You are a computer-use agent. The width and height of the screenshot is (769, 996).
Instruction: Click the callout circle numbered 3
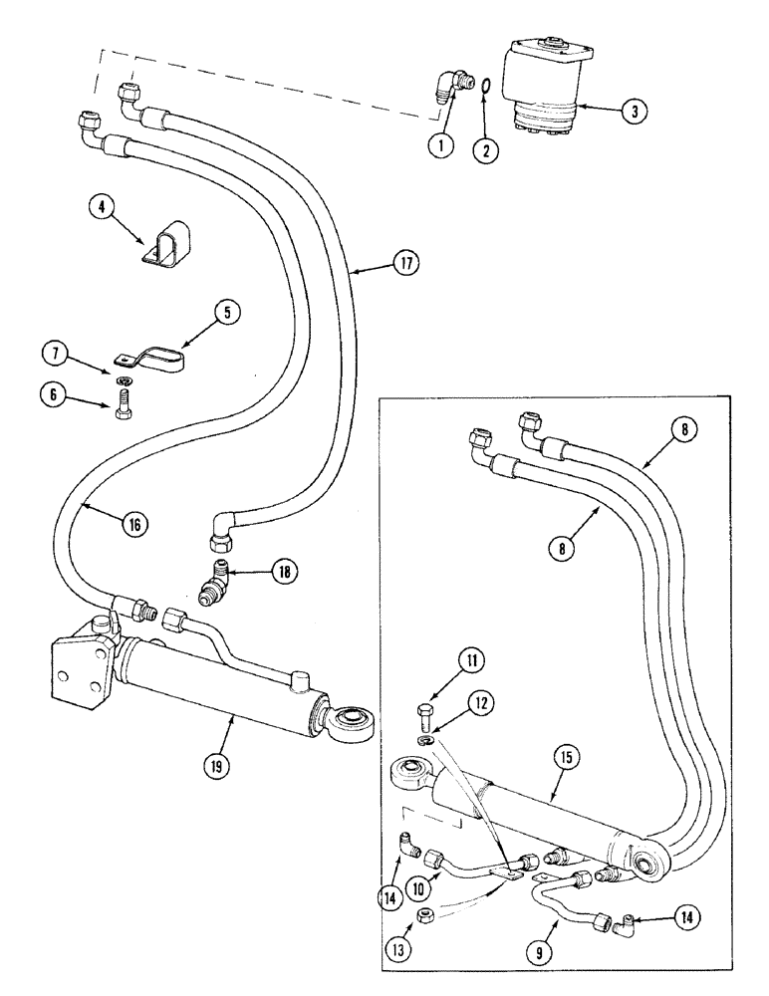629,111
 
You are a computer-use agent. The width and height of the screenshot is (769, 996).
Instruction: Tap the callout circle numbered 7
57,354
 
